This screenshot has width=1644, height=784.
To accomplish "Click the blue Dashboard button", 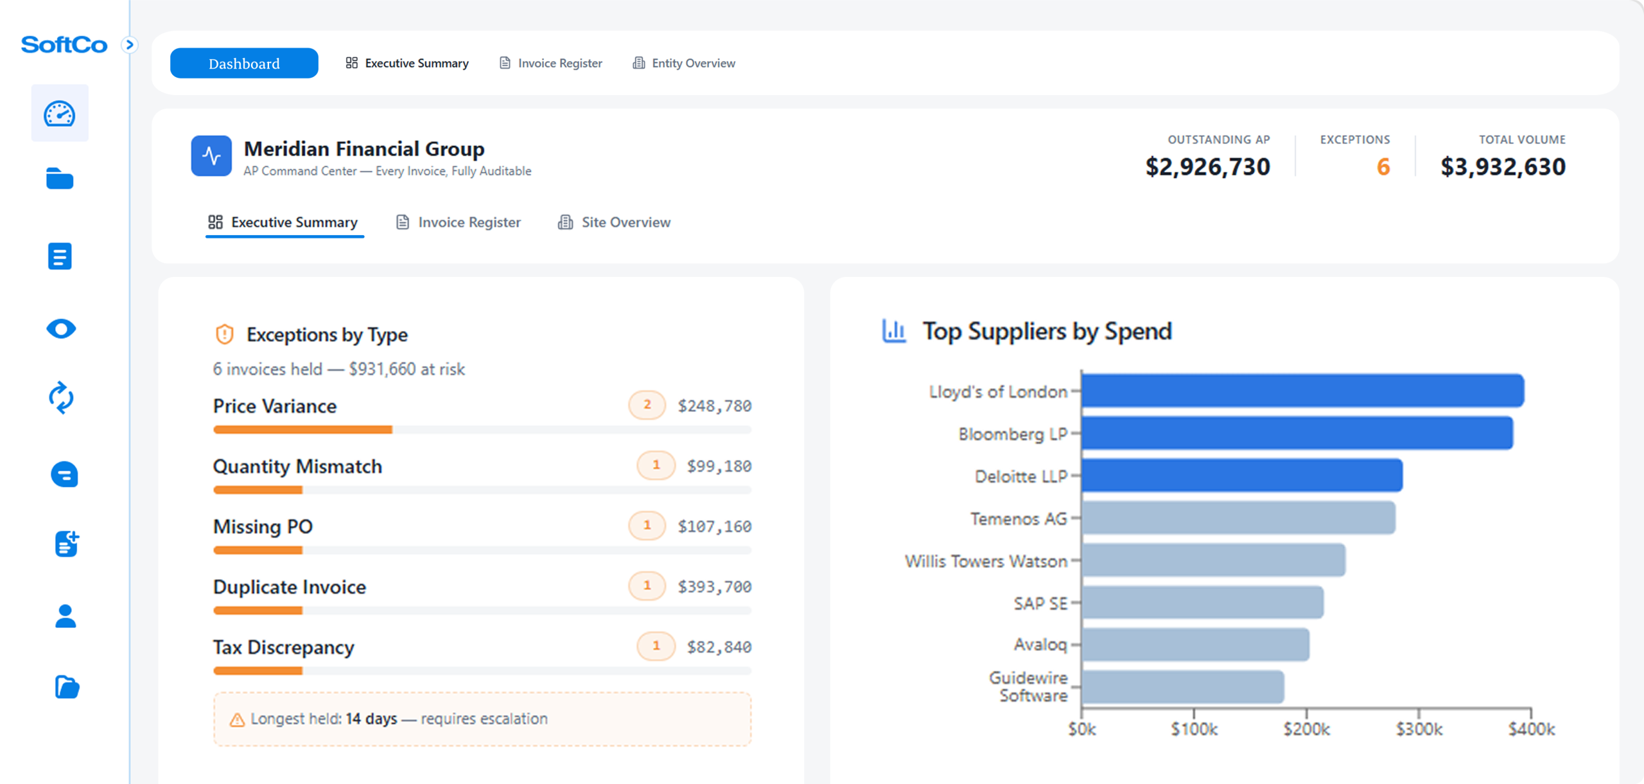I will [x=244, y=63].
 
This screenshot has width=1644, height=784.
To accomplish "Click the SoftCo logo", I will [x=64, y=45].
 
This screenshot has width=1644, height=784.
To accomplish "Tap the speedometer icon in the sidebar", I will [x=60, y=114].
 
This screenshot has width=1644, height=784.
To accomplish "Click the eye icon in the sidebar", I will [x=61, y=329].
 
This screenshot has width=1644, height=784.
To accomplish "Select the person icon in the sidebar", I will [x=65, y=616].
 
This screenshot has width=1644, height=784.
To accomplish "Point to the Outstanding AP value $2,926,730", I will [x=1207, y=167].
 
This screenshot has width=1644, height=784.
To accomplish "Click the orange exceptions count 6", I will [x=1383, y=167].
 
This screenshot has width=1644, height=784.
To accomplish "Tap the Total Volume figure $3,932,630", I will [x=1503, y=167].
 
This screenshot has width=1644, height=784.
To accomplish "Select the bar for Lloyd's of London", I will [x=1302, y=391].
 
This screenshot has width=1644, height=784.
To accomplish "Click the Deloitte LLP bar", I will [x=1241, y=476].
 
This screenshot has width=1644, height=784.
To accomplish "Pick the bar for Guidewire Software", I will [x=1182, y=687].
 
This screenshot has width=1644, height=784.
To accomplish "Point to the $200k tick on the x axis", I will [x=1306, y=729].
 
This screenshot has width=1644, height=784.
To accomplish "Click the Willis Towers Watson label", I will [x=986, y=561].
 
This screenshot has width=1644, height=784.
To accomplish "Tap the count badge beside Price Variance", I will [x=647, y=405].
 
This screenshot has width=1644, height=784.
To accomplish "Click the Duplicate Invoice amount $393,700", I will [x=714, y=587].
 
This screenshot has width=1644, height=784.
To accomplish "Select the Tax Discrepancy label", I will [x=283, y=647].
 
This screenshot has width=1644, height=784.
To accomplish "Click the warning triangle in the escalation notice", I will [x=237, y=720].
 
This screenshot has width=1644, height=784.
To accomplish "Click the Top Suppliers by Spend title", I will [x=1047, y=332].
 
